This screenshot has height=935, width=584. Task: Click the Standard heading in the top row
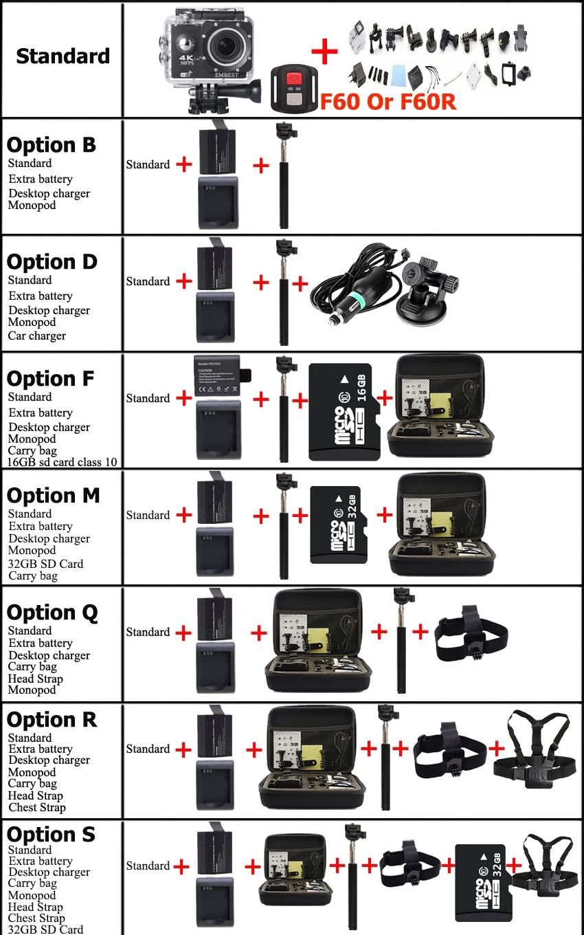(63, 56)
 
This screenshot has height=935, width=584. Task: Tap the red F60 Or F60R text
(388, 100)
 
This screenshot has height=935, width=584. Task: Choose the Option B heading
(52, 145)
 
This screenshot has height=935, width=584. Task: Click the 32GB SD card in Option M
(344, 525)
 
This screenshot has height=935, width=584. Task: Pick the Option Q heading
(52, 613)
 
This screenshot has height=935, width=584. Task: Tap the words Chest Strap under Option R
(37, 807)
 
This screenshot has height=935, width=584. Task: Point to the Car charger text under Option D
(37, 335)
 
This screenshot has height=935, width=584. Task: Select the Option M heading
(53, 496)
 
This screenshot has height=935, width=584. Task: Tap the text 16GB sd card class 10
(63, 462)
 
